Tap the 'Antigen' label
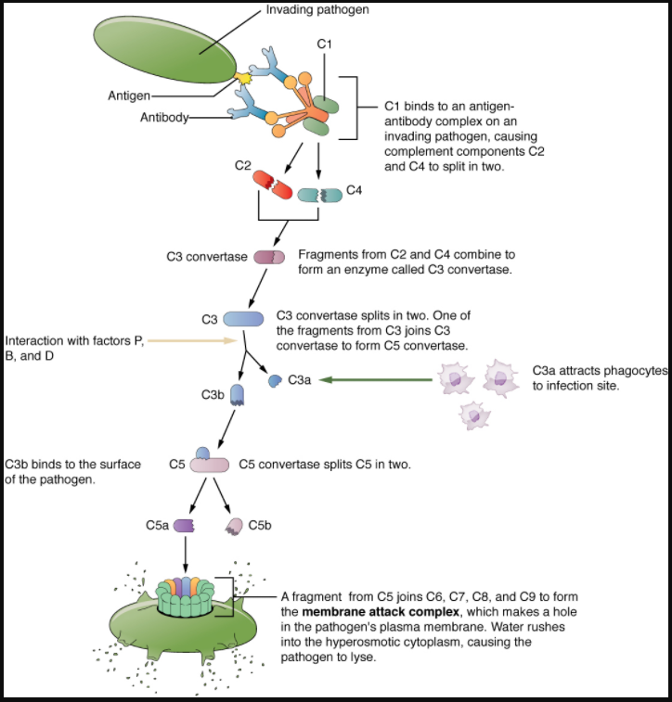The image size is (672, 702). pos(127,96)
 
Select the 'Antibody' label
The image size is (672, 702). pos(164,117)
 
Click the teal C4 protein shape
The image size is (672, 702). pos(319,194)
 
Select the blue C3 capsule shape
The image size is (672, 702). pos(243,318)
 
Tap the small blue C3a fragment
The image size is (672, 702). pos(275,379)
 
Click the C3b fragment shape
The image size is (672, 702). pos(238,396)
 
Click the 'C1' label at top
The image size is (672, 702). pos(324,45)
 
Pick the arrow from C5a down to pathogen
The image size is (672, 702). pos(186,555)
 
